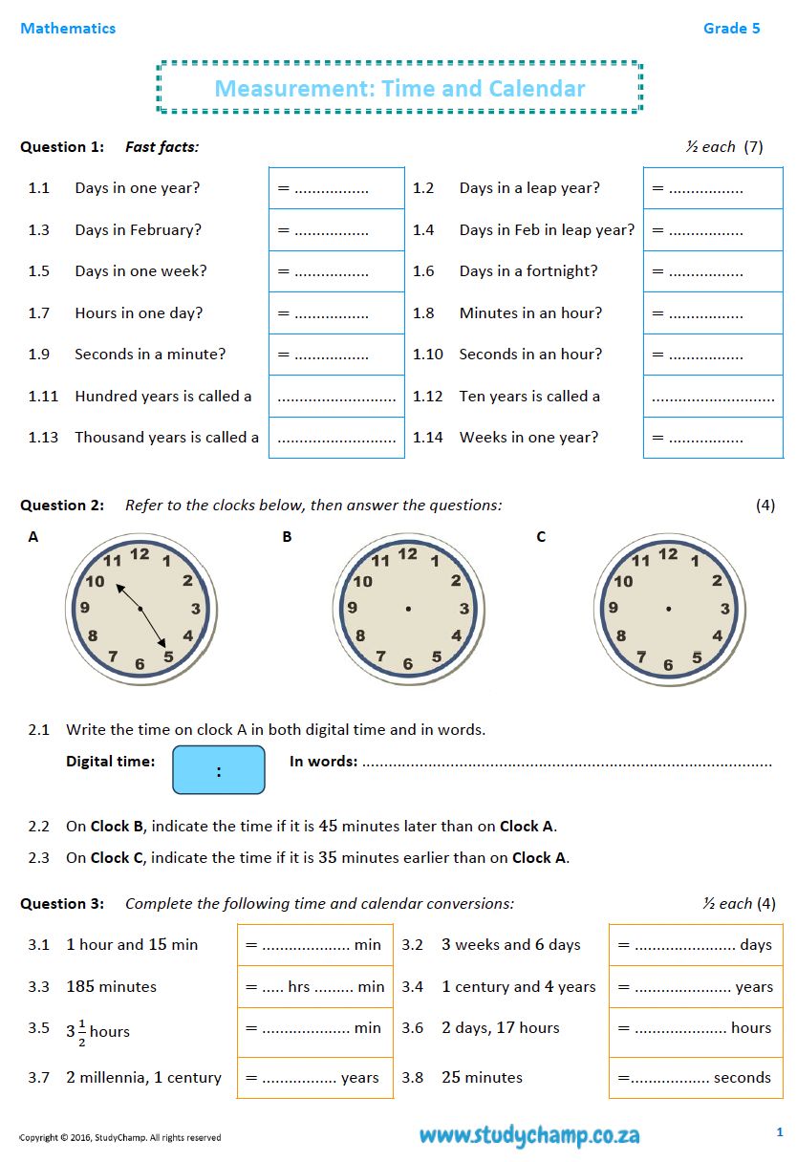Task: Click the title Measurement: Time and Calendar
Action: pyautogui.click(x=399, y=89)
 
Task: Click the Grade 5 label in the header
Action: pyautogui.click(x=731, y=29)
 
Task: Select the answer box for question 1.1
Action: pyautogui.click(x=336, y=188)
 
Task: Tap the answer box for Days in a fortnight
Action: pyautogui.click(x=712, y=271)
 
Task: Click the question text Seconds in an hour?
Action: pyautogui.click(x=530, y=355)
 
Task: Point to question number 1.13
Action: pyautogui.click(x=43, y=438)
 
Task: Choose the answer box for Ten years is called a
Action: pyautogui.click(x=712, y=397)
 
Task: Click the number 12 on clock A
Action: pyautogui.click(x=140, y=553)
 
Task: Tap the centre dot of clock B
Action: pyautogui.click(x=408, y=609)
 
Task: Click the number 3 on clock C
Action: pyautogui.click(x=724, y=609)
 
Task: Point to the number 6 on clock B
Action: pyautogui.click(x=408, y=664)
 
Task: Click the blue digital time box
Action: pyautogui.click(x=218, y=770)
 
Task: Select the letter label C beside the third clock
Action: pyautogui.click(x=541, y=537)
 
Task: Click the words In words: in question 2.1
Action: pyautogui.click(x=323, y=762)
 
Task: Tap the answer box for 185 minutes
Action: pyautogui.click(x=314, y=987)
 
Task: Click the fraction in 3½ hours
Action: pyautogui.click(x=82, y=1033)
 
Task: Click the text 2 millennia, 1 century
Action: pyautogui.click(x=143, y=1078)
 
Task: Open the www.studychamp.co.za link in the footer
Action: pyautogui.click(x=528, y=1135)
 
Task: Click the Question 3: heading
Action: pyautogui.click(x=62, y=904)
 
